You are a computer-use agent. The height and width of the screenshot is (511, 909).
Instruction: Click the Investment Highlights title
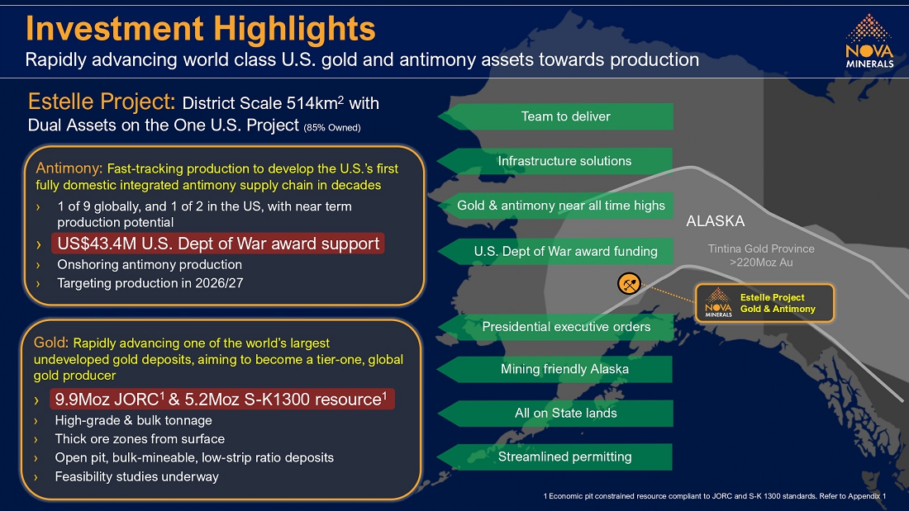(x=200, y=29)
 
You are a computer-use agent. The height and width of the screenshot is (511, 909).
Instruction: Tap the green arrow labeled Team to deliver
(x=565, y=116)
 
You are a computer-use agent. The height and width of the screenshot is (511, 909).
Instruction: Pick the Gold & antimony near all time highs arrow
(x=561, y=206)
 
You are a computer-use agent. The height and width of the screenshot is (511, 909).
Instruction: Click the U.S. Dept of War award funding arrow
(x=565, y=251)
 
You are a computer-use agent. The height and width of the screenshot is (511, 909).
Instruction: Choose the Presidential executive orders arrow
(x=565, y=326)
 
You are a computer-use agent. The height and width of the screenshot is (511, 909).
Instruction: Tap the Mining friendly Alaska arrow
(x=564, y=369)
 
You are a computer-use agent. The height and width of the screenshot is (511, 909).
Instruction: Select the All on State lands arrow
(x=565, y=413)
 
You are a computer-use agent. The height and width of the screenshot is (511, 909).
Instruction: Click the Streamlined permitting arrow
(x=564, y=457)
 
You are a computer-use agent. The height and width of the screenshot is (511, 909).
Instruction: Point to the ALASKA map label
(x=715, y=221)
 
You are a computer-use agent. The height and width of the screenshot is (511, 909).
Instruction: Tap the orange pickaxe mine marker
(x=630, y=283)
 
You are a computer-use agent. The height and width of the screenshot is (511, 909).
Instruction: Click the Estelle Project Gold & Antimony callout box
(x=764, y=303)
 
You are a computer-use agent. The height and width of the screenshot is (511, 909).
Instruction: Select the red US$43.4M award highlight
(x=218, y=244)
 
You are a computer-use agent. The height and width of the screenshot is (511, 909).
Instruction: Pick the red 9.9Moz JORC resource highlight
(x=221, y=400)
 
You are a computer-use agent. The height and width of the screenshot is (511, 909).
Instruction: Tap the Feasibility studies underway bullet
(x=136, y=476)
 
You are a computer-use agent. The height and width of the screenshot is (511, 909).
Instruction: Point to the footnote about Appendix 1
(x=714, y=495)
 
